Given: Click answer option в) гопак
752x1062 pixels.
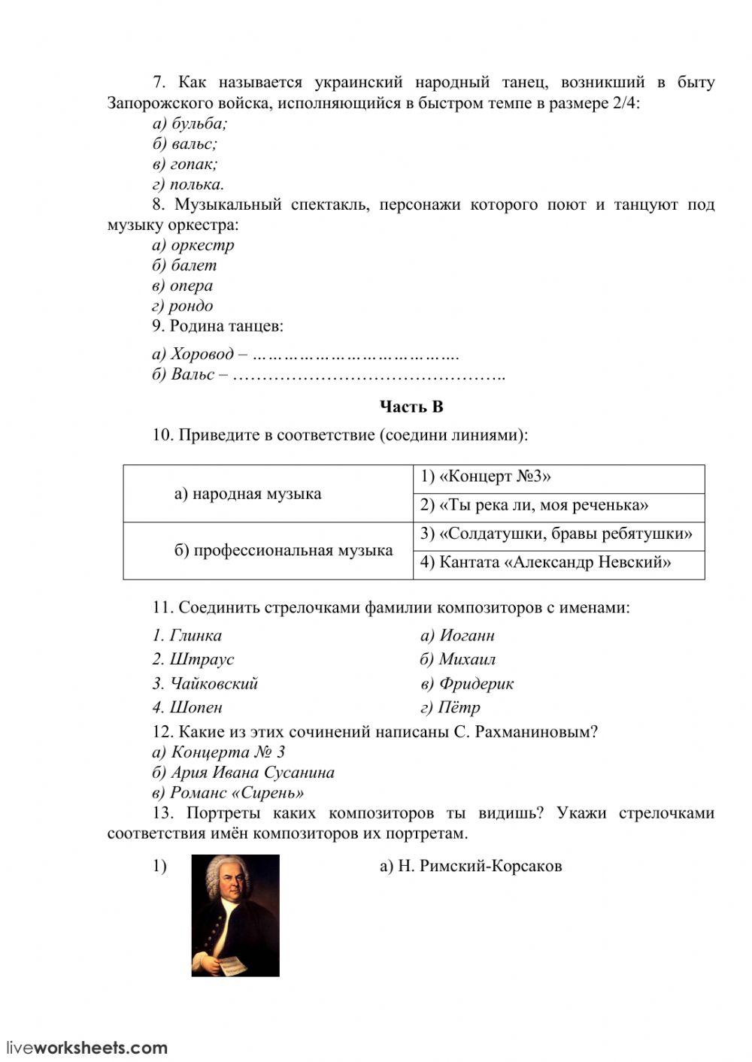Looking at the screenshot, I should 185,164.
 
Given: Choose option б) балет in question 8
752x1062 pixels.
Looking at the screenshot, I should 184,265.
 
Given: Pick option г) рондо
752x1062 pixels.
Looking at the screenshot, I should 183,306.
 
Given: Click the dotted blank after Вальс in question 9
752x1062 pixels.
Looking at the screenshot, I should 368,374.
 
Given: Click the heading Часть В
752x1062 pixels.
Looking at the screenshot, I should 411,407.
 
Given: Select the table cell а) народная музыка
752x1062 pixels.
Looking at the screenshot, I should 247,494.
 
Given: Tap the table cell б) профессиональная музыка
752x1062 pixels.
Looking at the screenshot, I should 284,550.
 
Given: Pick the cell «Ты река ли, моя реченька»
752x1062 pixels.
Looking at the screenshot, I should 534,506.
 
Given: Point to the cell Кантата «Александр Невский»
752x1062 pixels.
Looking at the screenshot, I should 545,562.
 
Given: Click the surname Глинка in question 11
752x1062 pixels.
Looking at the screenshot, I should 187,636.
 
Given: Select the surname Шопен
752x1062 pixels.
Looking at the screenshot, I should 187,707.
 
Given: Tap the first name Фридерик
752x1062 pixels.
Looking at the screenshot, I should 467,684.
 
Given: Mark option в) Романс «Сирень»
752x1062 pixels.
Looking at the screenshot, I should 229,793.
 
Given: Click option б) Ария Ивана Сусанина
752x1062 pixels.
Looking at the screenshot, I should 243,773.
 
